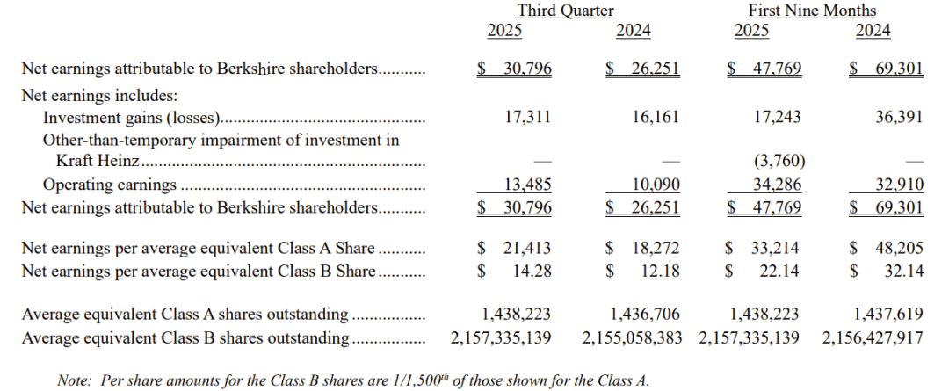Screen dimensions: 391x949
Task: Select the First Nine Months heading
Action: (812, 11)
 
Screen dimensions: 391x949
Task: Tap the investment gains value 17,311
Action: (527, 116)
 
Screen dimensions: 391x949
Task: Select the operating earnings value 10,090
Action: (655, 185)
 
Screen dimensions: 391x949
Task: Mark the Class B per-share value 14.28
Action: (532, 271)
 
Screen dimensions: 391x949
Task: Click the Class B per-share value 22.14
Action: (779, 271)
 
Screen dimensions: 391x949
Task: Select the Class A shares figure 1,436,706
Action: (645, 314)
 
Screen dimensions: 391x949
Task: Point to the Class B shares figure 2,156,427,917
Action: (873, 337)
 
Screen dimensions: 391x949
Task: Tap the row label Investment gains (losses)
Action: (131, 117)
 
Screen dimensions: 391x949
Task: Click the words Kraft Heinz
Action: (97, 161)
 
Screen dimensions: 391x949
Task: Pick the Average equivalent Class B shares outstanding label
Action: (185, 337)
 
